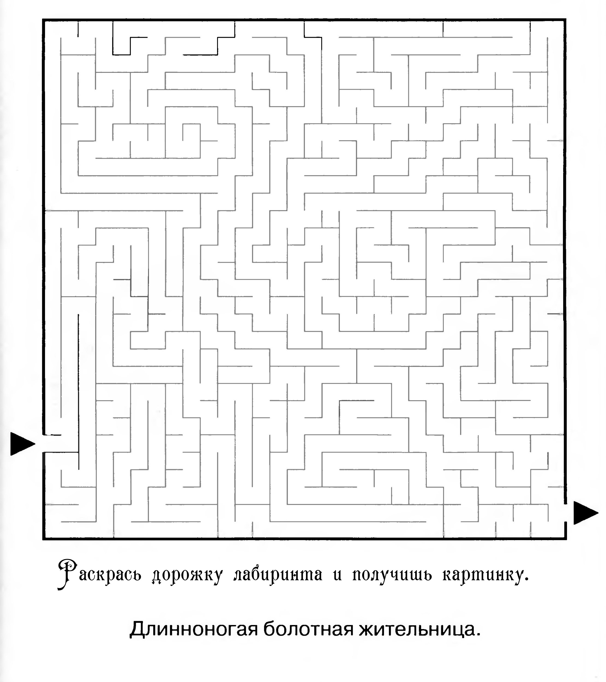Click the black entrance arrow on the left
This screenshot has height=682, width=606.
point(22,444)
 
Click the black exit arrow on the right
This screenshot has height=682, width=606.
point(586,513)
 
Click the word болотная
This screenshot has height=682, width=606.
point(308,629)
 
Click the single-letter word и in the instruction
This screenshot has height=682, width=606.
point(338,577)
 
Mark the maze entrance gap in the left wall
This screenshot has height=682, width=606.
point(44,444)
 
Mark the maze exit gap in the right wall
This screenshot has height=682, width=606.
point(565,513)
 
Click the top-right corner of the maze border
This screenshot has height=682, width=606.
point(565,20)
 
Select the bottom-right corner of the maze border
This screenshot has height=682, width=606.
point(565,539)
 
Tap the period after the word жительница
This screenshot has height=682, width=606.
point(479,636)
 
